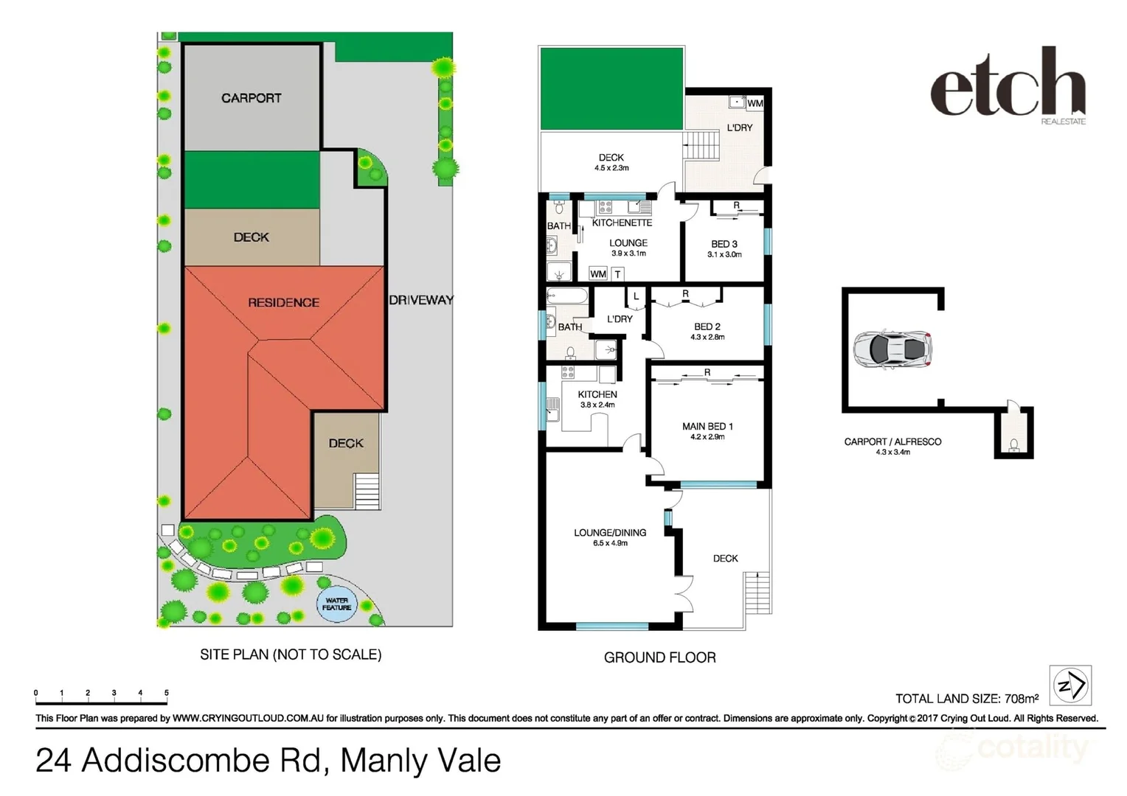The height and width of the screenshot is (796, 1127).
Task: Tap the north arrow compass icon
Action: pos(1070,685)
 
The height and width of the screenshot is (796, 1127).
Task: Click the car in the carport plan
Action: pos(892,349)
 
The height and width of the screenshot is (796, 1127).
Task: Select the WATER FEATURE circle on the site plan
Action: pos(337,604)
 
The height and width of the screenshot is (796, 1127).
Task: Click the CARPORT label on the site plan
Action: pos(251,98)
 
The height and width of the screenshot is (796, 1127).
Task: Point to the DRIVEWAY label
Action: pos(420,300)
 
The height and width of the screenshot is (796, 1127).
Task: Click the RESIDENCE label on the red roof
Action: pos(283,302)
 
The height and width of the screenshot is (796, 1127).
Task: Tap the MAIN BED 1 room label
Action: pos(707,426)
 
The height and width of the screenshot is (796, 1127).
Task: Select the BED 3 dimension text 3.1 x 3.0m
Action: pos(724,254)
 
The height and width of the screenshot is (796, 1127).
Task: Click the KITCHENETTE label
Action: pos(622,223)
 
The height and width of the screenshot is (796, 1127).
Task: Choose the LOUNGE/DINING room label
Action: pos(610,532)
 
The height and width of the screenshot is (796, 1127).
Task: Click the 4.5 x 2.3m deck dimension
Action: pos(611,168)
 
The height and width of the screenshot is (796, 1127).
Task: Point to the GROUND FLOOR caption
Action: pos(659,657)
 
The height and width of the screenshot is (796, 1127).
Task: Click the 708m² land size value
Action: pos(1022,698)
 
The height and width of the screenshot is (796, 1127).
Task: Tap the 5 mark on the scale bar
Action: pos(167,693)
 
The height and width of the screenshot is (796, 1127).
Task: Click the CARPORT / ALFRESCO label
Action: pos(892,441)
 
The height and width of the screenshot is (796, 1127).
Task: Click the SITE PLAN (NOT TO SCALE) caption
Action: pos(291,654)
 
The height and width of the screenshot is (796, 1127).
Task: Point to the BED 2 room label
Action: pos(707,327)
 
